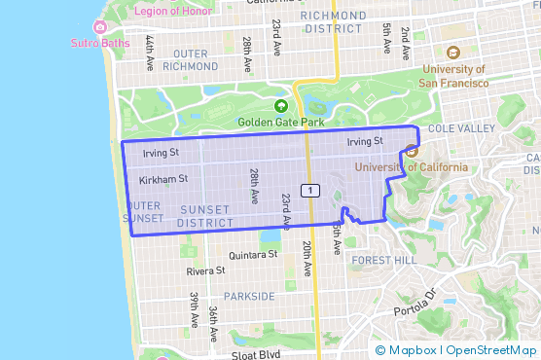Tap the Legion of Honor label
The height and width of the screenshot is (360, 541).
coord(148,10)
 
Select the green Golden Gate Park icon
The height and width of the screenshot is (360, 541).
coord(281,106)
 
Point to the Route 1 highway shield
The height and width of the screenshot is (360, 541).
coord(308,189)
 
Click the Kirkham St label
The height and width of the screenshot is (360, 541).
coord(163,179)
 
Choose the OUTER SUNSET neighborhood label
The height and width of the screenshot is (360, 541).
coord(144,213)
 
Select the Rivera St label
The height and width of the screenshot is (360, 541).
coord(205,271)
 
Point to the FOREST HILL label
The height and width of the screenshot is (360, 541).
coord(383,261)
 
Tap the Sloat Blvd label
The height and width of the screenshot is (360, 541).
coord(256,355)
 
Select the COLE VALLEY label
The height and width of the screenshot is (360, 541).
coord(454,128)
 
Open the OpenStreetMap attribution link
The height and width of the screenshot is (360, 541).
coord(491,349)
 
